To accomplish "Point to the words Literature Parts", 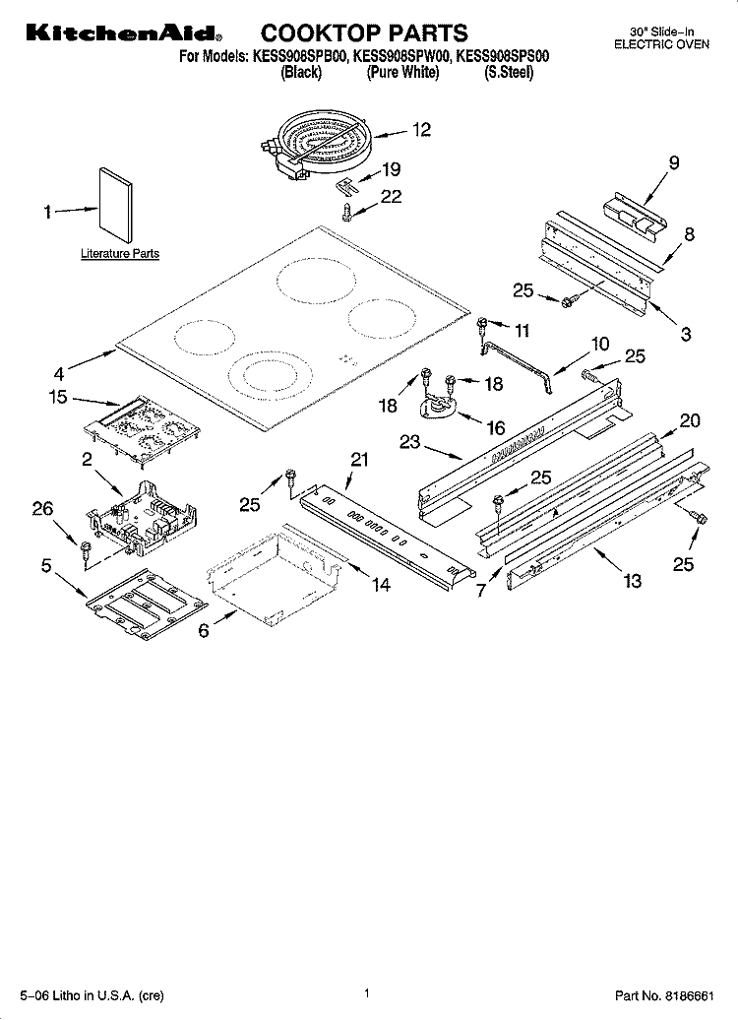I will [119, 254].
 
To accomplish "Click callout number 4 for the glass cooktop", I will [59, 373].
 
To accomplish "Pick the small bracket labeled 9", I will [629, 213].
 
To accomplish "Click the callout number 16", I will [496, 427].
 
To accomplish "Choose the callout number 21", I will [359, 461].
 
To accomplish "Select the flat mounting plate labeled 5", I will [145, 603].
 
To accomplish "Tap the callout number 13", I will [632, 581].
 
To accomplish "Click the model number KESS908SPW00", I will [401, 58].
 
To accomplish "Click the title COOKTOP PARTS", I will [364, 34].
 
